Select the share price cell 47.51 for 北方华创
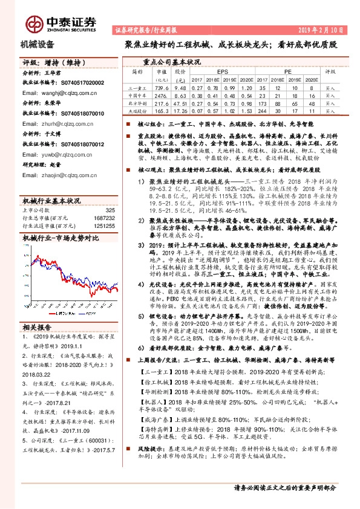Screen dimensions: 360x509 tap(180, 103)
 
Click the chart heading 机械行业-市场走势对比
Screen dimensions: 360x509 tap(60, 239)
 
